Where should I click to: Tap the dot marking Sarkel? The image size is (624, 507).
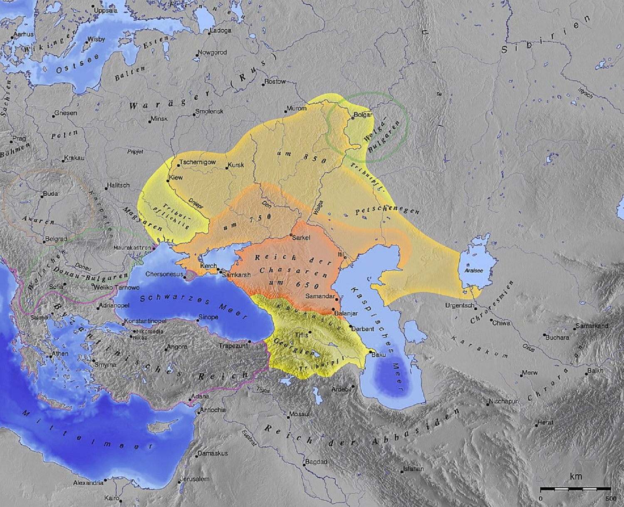point(291,236)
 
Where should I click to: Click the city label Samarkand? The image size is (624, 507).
point(592,326)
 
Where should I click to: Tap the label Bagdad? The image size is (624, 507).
point(316,462)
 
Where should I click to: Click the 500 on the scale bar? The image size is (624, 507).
point(610,498)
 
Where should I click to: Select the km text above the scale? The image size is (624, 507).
point(576,477)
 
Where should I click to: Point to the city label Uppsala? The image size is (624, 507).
point(106,10)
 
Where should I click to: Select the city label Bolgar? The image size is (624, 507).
point(363,115)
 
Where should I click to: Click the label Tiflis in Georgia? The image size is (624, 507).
point(302,335)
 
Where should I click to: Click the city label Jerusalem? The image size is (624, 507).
point(196,479)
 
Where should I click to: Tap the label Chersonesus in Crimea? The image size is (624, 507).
point(164,274)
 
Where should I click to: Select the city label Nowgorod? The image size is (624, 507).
point(212,52)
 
